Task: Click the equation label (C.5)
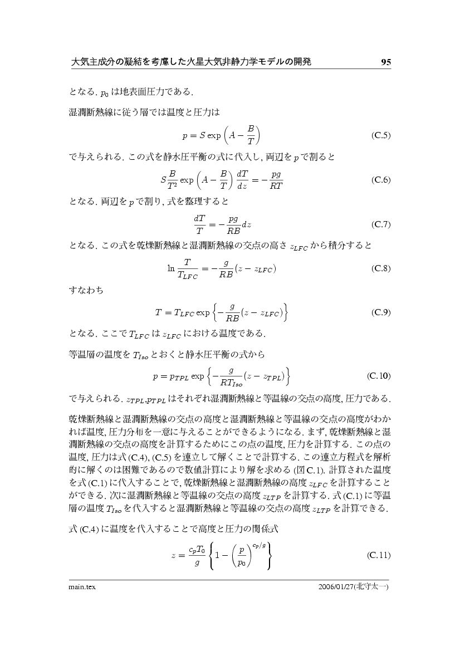click(380, 135)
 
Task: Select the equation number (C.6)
click(380, 180)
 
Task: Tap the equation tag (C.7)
click(380, 224)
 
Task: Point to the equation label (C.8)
click(380, 268)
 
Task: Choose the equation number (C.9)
click(380, 312)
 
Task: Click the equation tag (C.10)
click(379, 376)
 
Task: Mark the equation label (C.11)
click(379, 555)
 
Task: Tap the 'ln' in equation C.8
click(171, 268)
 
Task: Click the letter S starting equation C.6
click(163, 180)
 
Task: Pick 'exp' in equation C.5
click(214, 136)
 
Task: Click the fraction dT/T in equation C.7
click(199, 225)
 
